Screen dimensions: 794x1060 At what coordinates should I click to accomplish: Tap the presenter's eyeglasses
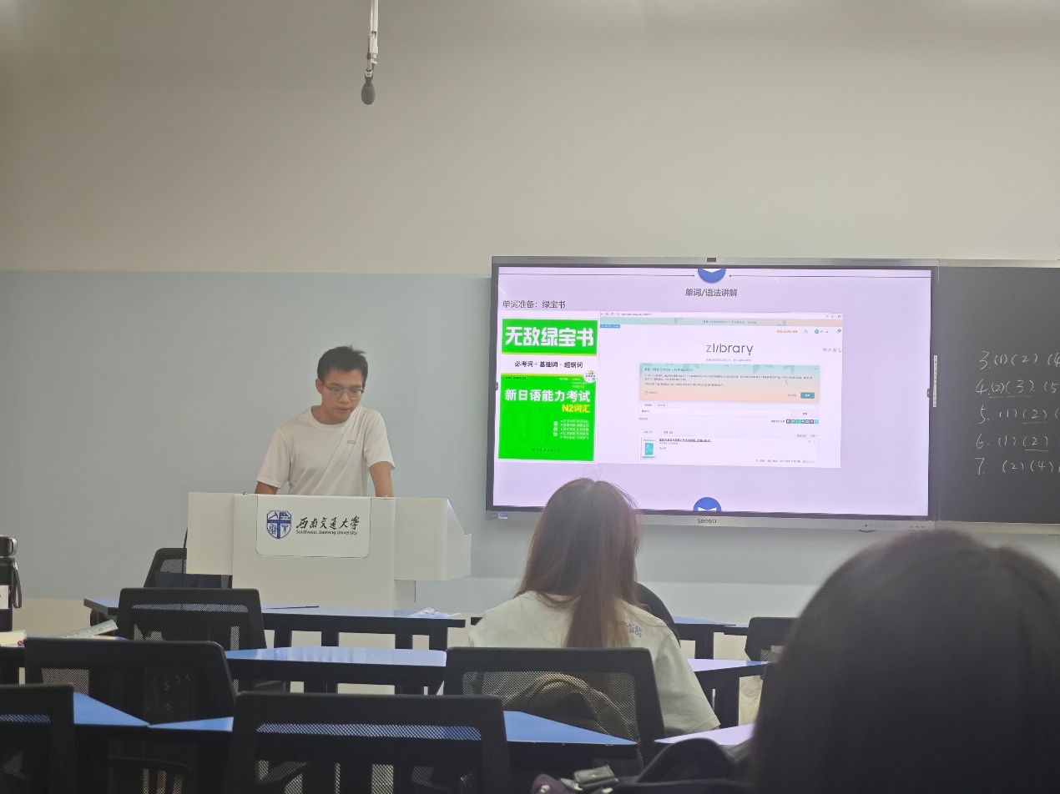[x=344, y=389]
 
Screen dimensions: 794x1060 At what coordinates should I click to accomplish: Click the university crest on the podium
[x=279, y=525]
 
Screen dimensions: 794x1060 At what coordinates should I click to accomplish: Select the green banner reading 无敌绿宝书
[x=548, y=338]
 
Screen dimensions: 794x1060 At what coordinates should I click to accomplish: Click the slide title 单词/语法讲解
[x=710, y=293]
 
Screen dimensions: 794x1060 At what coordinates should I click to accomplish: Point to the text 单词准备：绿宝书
[x=534, y=304]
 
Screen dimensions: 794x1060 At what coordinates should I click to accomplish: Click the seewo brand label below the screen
[x=706, y=520]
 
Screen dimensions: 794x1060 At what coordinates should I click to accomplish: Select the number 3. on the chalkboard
[x=985, y=360]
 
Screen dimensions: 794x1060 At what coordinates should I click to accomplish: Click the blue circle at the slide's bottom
[x=707, y=505]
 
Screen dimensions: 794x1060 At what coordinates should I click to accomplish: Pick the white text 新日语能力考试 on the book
[x=547, y=396]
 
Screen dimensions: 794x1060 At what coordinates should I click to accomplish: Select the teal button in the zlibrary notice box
[x=807, y=395]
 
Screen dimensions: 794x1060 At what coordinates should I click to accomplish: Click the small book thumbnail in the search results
[x=649, y=449]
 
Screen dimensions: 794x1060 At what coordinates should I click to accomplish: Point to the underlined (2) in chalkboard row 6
[x=1035, y=441]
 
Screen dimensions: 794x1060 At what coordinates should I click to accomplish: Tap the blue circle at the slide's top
[x=710, y=274]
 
